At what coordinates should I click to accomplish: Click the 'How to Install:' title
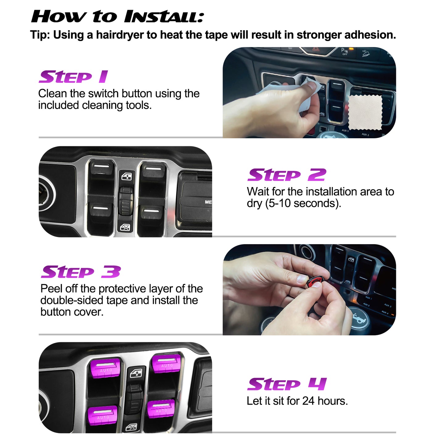(x=117, y=17)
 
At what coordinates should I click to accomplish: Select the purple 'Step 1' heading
(x=73, y=77)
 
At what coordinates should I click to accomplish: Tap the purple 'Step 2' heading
(x=286, y=175)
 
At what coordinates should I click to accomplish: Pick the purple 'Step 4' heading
(x=286, y=384)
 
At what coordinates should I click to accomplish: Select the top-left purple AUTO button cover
(x=105, y=367)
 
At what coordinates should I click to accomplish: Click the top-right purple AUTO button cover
(x=167, y=363)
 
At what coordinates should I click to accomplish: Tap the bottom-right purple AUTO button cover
(x=161, y=408)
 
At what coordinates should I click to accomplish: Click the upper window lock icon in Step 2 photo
(x=127, y=177)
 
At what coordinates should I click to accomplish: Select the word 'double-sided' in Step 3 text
(x=72, y=300)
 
